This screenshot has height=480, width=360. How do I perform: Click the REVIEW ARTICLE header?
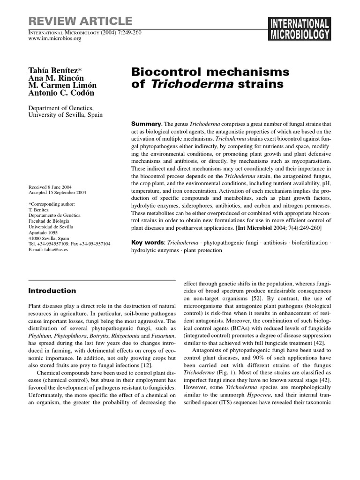click(x=80, y=21)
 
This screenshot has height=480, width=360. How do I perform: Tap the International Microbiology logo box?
click(x=299, y=29)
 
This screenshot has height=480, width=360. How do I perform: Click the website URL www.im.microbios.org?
click(x=55, y=39)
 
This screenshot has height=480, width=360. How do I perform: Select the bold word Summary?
click(x=146, y=124)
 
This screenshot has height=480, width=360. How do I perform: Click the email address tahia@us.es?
click(x=55, y=250)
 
